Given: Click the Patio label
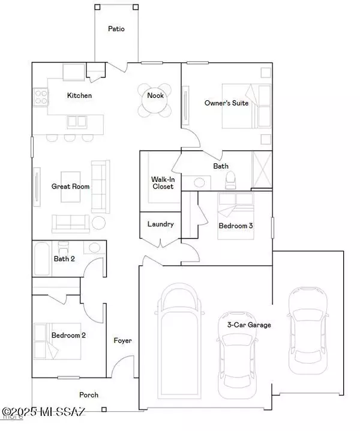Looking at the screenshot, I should (116, 28).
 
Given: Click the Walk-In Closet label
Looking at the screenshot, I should (162, 182).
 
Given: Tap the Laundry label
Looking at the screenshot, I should (160, 224).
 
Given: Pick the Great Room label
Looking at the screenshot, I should (70, 187).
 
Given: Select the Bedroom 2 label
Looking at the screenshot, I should (68, 336).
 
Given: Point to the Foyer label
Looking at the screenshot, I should (122, 340).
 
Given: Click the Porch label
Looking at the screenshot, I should (89, 395).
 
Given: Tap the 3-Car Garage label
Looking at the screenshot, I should (248, 325).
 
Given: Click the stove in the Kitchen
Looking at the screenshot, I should (41, 97).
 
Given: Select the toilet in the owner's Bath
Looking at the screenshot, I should (230, 179).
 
